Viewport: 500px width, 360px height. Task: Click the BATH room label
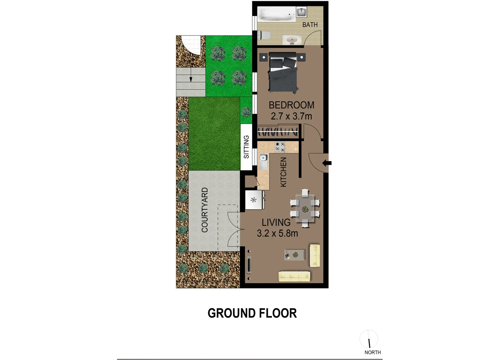(310, 25)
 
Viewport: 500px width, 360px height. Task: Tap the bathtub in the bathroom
(277, 15)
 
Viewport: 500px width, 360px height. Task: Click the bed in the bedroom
(283, 73)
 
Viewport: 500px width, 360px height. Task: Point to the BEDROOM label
(292, 105)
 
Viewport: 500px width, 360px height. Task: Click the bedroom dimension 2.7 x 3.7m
(292, 116)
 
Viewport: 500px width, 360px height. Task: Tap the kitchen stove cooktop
(280, 147)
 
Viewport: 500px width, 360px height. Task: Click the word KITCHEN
(284, 172)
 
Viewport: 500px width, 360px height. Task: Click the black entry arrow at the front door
(327, 163)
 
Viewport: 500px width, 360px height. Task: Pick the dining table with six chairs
(305, 208)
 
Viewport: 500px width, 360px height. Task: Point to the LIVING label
(276, 222)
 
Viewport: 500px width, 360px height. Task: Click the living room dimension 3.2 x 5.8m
(277, 233)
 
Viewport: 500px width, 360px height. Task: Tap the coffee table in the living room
(294, 255)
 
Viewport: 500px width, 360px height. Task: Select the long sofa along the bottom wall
(294, 276)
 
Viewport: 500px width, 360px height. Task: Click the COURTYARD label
(205, 210)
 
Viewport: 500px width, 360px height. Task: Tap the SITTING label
(246, 147)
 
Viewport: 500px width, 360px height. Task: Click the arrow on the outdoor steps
(190, 79)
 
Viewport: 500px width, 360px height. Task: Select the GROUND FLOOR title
(252, 313)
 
